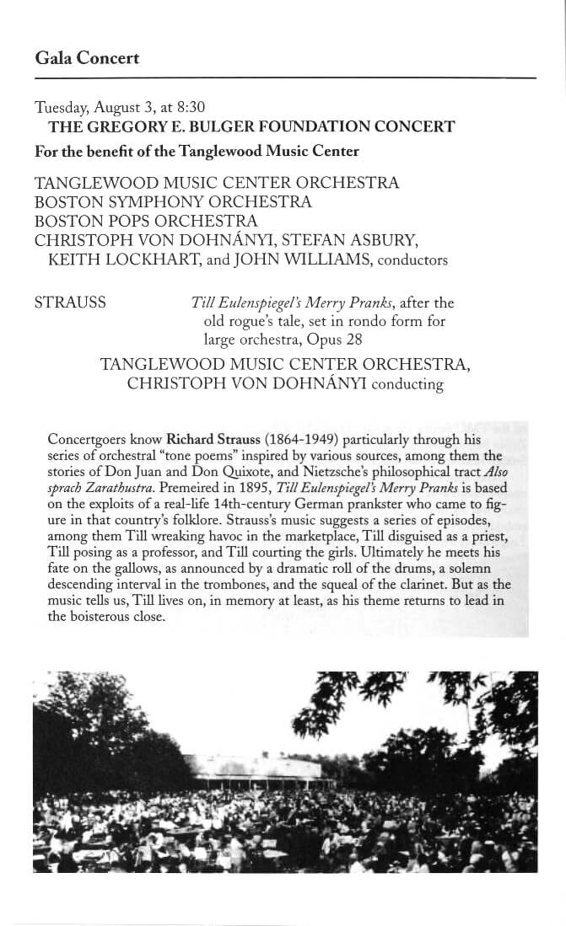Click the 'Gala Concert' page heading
pyautogui.click(x=87, y=58)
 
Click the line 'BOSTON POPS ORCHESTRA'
pyautogui.click(x=146, y=222)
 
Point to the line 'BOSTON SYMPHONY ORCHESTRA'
pyautogui.click(x=173, y=202)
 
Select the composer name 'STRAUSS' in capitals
pyautogui.click(x=70, y=302)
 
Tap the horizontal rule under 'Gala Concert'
pyautogui.click(x=285, y=78)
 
